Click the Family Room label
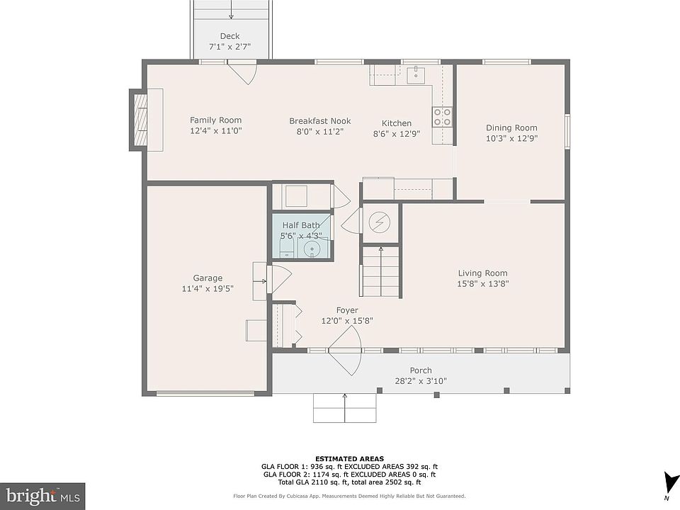(x=215, y=120)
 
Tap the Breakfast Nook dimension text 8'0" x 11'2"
(x=320, y=132)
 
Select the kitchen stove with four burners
(x=442, y=117)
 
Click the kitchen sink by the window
(x=416, y=74)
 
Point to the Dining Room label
(x=511, y=127)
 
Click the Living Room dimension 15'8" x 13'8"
(x=482, y=283)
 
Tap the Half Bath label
(x=301, y=225)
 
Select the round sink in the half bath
(x=312, y=249)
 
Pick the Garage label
(x=208, y=278)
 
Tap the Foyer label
(x=347, y=310)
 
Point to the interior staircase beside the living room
(x=380, y=271)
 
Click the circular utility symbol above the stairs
(x=380, y=222)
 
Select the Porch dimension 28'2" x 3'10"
(x=421, y=381)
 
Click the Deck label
(x=229, y=36)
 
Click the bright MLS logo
(x=42, y=496)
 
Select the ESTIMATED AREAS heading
(x=349, y=459)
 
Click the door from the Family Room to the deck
(x=242, y=73)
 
